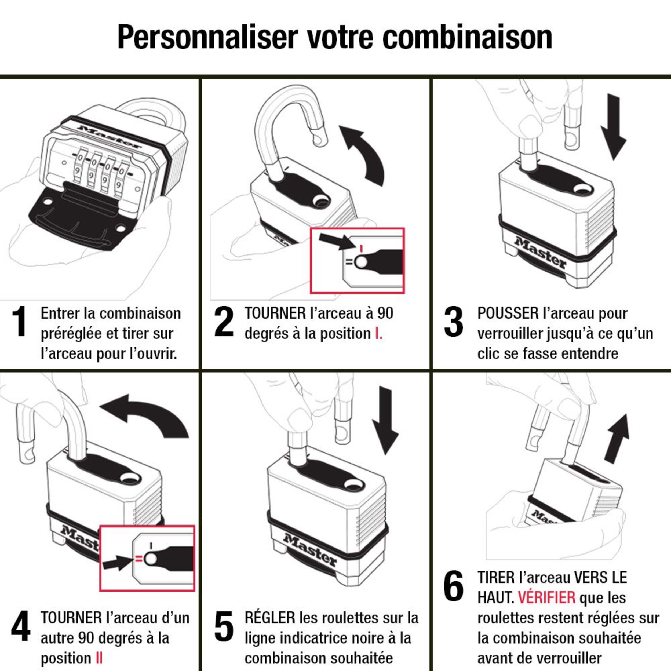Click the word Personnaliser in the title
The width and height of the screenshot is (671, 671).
pos(208,38)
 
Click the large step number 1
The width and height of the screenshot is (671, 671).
pos(20,321)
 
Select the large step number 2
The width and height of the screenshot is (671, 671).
pos(224,321)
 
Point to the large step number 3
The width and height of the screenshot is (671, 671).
pos(454,322)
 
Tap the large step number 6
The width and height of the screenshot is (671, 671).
pos(454,586)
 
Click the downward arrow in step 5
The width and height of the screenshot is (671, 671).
pos(385,421)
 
